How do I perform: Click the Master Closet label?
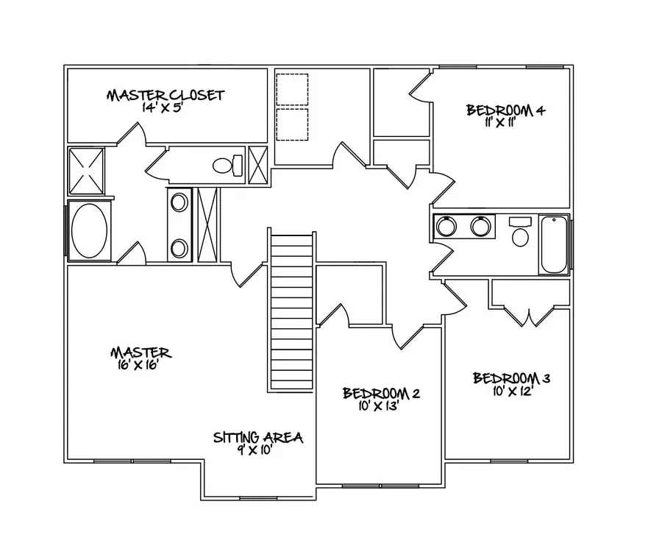[165, 95]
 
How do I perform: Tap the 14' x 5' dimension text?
[165, 107]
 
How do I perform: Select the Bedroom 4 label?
[505, 110]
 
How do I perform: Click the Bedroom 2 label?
[381, 393]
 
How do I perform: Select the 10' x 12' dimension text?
[512, 391]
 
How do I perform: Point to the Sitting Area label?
[258, 437]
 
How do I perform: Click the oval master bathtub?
[90, 230]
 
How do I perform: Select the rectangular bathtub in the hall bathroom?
[554, 245]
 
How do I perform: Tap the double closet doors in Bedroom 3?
[530, 316]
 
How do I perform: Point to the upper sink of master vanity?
[179, 202]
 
